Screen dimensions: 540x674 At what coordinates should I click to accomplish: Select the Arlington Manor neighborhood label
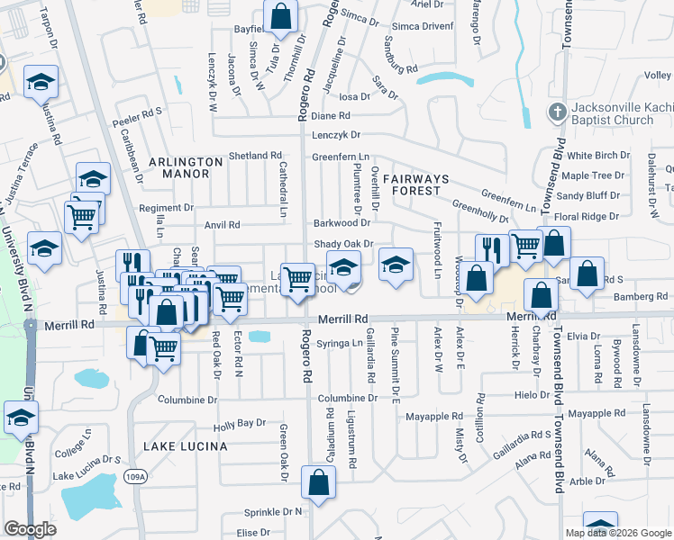tap(185, 167)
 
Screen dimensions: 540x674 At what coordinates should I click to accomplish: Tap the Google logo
tap(30, 529)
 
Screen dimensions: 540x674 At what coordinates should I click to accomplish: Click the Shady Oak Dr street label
tap(342, 244)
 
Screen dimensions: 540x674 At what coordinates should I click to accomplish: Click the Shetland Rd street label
tap(253, 156)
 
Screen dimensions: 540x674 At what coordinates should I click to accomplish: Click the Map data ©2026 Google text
tap(618, 533)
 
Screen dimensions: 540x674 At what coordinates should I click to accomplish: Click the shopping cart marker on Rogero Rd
tap(297, 278)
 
